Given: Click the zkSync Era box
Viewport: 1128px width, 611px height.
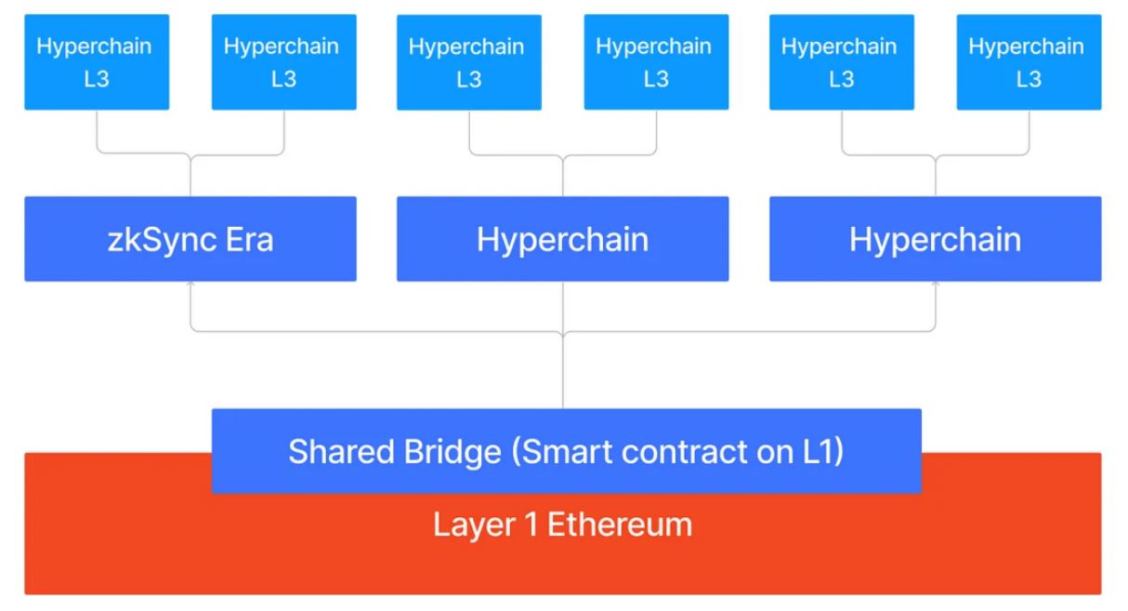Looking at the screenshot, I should pyautogui.click(x=190, y=239).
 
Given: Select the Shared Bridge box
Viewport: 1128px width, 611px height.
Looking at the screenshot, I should pyautogui.click(x=566, y=451).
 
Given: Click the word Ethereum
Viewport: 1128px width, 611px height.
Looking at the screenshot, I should pyautogui.click(x=620, y=525).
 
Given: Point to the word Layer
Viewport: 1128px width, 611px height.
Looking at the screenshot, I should pyautogui.click(x=473, y=525).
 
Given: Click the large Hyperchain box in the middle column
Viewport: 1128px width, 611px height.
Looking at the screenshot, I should pyautogui.click(x=562, y=239).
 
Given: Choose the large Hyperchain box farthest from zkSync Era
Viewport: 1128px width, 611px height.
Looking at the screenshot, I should pyautogui.click(x=935, y=239).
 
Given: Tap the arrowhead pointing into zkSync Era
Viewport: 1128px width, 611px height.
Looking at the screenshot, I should pyautogui.click(x=190, y=286).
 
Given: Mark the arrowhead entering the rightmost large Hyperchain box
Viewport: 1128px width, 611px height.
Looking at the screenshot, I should pyautogui.click(x=936, y=286).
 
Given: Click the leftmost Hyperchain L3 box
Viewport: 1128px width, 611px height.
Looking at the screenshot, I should pyautogui.click(x=97, y=62).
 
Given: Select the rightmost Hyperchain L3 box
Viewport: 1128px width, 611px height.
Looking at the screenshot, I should pyautogui.click(x=1029, y=62).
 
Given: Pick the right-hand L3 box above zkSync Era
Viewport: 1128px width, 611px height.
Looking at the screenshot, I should pyautogui.click(x=283, y=62).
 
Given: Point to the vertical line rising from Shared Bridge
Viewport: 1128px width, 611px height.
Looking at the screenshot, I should pyautogui.click(x=563, y=372).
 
